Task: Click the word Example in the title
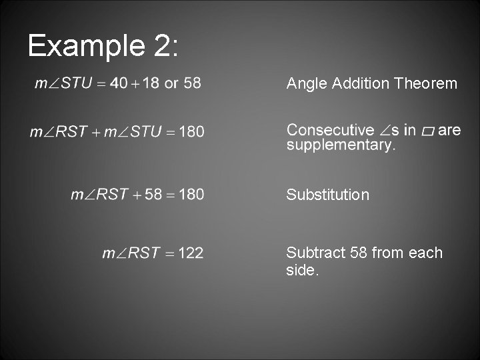(x=83, y=46)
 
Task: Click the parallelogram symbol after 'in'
(x=427, y=131)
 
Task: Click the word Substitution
(x=327, y=195)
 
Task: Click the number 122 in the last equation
(x=191, y=253)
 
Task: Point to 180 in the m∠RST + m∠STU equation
(x=192, y=131)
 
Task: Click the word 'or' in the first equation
(x=171, y=84)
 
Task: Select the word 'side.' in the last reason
(x=303, y=270)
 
